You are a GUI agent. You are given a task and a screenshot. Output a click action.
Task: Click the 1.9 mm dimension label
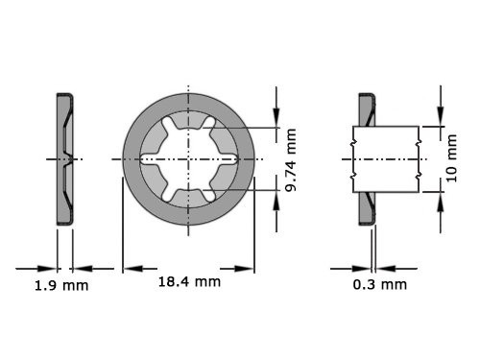[61, 285]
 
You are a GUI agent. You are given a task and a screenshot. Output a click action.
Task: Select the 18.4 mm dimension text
[188, 281]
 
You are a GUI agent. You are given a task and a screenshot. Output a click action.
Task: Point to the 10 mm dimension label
[452, 158]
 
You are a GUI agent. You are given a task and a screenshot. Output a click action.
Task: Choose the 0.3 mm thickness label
[377, 285]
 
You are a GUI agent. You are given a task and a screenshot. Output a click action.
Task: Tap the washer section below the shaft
[366, 206]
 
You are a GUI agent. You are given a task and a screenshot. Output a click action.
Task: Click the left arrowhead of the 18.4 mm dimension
[128, 268]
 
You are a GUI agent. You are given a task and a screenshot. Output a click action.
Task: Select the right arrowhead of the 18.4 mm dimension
[248, 268]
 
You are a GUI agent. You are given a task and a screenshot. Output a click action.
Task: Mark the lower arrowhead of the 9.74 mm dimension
[277, 197]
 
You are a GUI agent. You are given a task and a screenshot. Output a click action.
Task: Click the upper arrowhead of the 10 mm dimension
[441, 120]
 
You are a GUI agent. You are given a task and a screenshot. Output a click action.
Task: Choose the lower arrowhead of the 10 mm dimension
[441, 197]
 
